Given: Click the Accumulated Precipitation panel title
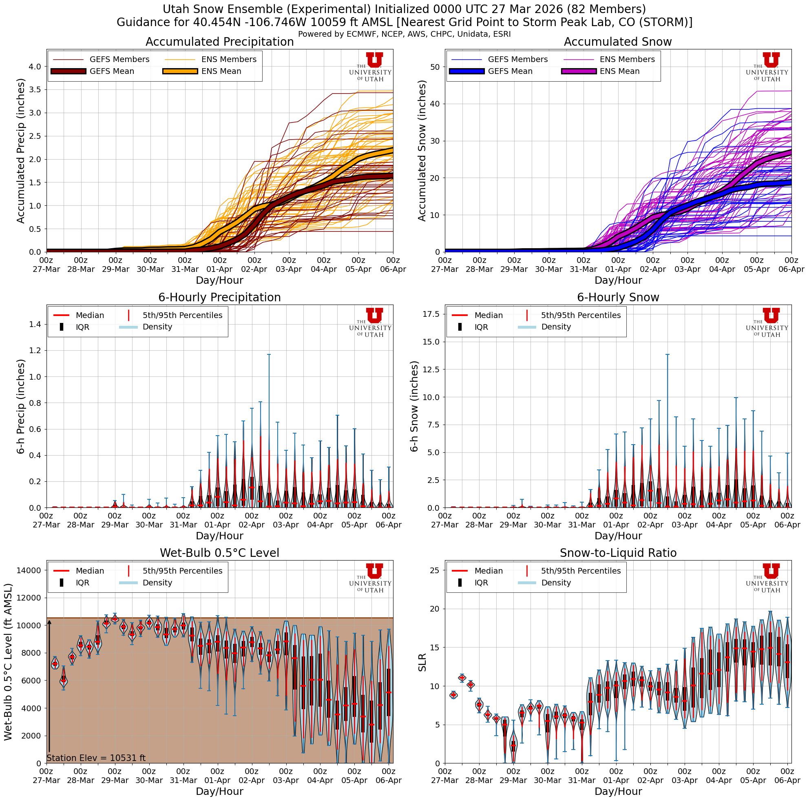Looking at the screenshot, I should [x=219, y=42].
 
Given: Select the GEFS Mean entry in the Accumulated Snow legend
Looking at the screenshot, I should [x=510, y=71].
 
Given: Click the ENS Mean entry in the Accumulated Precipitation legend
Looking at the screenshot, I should [x=221, y=71].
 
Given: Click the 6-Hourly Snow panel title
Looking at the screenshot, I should [x=618, y=298].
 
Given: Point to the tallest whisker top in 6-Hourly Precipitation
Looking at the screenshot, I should [x=269, y=355].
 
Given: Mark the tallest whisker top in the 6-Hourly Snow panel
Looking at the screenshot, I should [x=668, y=355].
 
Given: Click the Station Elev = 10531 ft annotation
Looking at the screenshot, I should [x=96, y=758].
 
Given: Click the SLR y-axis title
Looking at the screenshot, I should [x=422, y=662].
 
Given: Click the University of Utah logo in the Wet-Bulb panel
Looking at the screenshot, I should [x=371, y=578].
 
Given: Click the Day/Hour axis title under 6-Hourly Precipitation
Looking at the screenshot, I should [x=219, y=536].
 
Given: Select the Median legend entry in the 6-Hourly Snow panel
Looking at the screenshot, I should [x=488, y=315].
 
